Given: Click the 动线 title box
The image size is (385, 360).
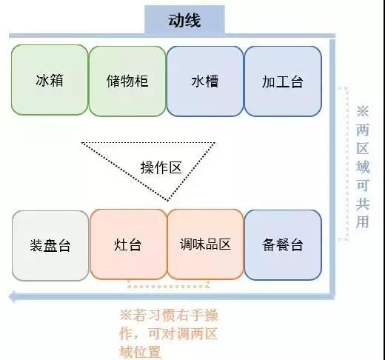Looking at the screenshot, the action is [184, 20].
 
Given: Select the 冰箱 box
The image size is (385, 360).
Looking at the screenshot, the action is [50, 80].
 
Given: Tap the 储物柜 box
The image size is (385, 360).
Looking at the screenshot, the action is [127, 81].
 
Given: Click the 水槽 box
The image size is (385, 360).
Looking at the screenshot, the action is [205, 81].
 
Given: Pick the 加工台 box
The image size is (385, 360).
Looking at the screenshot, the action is [283, 81].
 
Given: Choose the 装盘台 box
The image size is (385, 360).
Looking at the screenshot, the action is [50, 246].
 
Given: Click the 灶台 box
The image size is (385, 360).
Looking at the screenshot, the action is [128, 244].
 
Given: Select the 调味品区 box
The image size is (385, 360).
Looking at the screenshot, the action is [205, 244].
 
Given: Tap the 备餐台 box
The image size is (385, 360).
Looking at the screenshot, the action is [283, 245].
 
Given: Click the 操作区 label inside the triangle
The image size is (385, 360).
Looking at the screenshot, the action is [161, 168].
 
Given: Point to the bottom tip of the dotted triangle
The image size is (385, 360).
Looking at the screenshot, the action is [167, 201].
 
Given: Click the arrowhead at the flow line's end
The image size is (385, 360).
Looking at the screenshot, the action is [13, 296].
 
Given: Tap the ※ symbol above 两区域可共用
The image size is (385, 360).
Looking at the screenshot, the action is [363, 111].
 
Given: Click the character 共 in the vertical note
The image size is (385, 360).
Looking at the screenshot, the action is [363, 204].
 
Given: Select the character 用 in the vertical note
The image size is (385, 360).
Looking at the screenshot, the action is [362, 221].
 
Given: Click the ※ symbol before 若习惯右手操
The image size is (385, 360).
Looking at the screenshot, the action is [126, 316].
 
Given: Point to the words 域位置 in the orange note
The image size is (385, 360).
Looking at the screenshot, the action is [140, 352].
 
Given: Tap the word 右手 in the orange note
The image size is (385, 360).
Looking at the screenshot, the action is [190, 316].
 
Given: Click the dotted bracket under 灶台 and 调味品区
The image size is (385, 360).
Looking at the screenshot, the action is [168, 286].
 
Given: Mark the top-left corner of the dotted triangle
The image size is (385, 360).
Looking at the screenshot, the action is [81, 143].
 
